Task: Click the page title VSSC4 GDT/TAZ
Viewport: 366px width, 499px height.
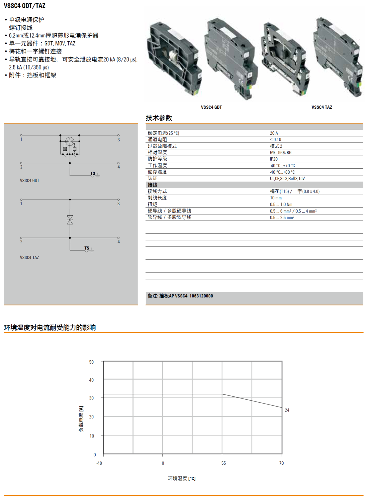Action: tap(25, 6)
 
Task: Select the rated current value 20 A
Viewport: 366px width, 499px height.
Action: tap(274, 133)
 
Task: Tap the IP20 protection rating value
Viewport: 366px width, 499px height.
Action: tap(274, 159)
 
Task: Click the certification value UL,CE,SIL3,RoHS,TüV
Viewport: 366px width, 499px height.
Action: tap(287, 179)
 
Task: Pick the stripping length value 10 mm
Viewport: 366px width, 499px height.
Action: tap(276, 198)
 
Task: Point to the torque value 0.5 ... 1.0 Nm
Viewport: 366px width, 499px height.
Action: tap(281, 205)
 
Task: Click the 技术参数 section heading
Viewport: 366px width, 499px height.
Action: tap(159, 118)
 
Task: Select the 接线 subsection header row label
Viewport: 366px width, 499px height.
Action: tap(152, 185)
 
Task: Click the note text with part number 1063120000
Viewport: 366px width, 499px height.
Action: tap(180, 296)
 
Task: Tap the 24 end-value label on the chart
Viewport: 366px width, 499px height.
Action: tap(287, 410)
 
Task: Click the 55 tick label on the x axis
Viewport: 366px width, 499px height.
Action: tap(224, 463)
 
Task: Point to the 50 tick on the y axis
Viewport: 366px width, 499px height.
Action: tap(91, 362)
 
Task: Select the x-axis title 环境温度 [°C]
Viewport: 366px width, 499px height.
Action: tap(182, 478)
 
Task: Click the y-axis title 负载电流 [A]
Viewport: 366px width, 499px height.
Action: tap(81, 419)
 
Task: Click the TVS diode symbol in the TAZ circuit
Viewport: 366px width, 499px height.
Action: tap(70, 220)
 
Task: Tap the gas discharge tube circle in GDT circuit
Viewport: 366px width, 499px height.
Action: tap(70, 142)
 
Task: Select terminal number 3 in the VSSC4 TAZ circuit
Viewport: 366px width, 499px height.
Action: tap(118, 204)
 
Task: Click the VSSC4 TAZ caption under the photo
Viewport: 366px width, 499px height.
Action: tap(321, 107)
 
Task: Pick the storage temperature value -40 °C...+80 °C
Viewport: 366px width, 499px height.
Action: tap(282, 172)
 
